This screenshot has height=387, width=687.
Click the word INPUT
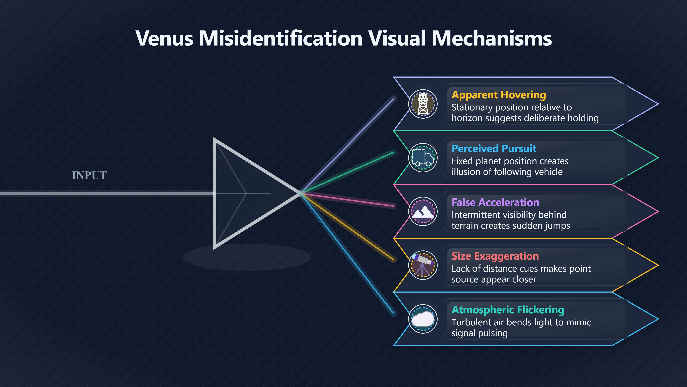pyautogui.click(x=89, y=175)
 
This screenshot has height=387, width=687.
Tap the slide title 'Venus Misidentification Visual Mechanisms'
pyautogui.click(x=343, y=38)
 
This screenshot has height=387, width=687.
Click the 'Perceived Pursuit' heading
pyautogui.click(x=494, y=149)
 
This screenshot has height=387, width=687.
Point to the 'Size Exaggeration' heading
pyautogui.click(x=495, y=256)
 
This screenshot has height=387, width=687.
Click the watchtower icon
pyautogui.click(x=423, y=104)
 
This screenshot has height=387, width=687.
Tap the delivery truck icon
pyautogui.click(x=423, y=158)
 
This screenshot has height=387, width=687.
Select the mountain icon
pyautogui.click(x=423, y=211)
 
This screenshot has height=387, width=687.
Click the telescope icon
pyautogui.click(x=423, y=265)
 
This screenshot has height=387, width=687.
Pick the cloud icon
pyautogui.click(x=423, y=319)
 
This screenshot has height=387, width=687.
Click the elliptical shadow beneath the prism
pyautogui.click(x=247, y=257)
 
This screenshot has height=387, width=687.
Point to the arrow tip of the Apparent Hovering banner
pyautogui.click(x=658, y=104)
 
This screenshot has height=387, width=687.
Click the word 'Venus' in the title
pyautogui.click(x=164, y=38)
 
